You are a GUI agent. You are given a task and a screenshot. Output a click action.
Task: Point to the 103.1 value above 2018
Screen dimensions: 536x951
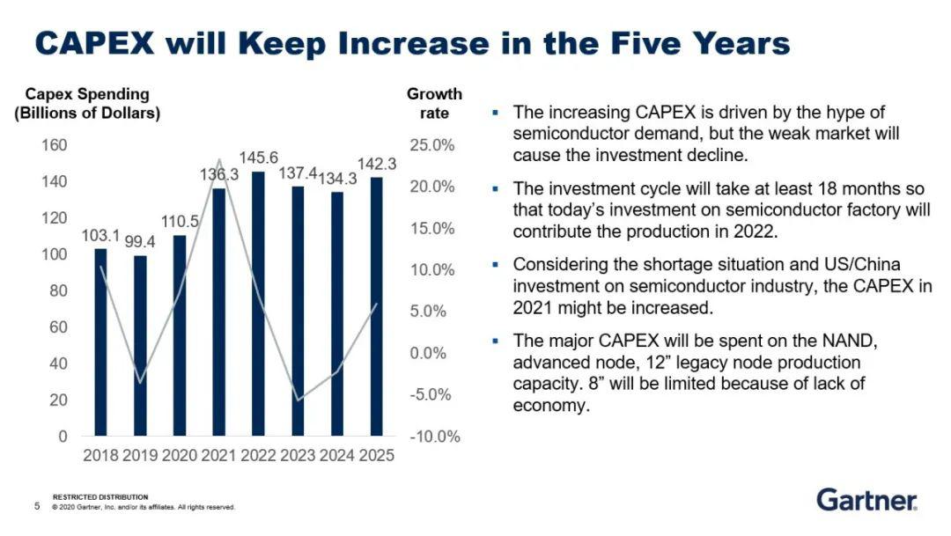tap(100, 236)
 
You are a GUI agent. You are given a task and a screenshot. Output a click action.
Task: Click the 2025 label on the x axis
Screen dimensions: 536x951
tap(377, 456)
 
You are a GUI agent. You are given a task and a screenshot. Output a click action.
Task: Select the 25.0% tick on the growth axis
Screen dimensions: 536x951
tap(431, 145)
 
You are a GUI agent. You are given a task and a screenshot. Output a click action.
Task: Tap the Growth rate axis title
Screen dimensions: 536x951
tap(434, 104)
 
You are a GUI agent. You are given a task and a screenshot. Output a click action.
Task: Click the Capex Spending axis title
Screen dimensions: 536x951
tap(87, 104)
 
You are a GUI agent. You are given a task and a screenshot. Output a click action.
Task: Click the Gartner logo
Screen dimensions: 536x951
tap(866, 500)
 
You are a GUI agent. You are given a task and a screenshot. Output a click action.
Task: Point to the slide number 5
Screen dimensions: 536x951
tap(37, 506)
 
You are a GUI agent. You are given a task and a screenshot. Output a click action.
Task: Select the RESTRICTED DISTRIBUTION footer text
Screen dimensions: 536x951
tap(100, 497)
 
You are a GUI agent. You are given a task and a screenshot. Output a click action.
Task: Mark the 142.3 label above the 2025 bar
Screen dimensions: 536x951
tap(377, 164)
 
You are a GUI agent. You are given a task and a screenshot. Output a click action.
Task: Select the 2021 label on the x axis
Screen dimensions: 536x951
tap(219, 456)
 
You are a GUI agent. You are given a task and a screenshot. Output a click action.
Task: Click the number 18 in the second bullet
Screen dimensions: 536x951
tap(778, 190)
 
